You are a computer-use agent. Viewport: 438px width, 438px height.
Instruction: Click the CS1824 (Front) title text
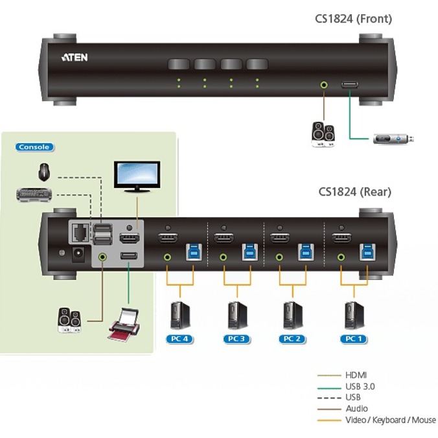(x=352, y=19)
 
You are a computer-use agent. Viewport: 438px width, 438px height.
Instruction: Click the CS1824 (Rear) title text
(x=354, y=192)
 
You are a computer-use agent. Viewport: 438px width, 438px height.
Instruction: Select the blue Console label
(x=34, y=147)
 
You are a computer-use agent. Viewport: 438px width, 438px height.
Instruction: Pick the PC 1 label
(x=351, y=338)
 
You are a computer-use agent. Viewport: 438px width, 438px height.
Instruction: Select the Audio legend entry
(x=356, y=408)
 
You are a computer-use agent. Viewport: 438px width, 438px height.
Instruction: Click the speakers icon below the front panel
(x=323, y=134)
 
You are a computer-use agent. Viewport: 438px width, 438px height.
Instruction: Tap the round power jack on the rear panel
(x=81, y=255)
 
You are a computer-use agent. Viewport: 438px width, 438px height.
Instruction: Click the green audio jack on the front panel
(x=323, y=84)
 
